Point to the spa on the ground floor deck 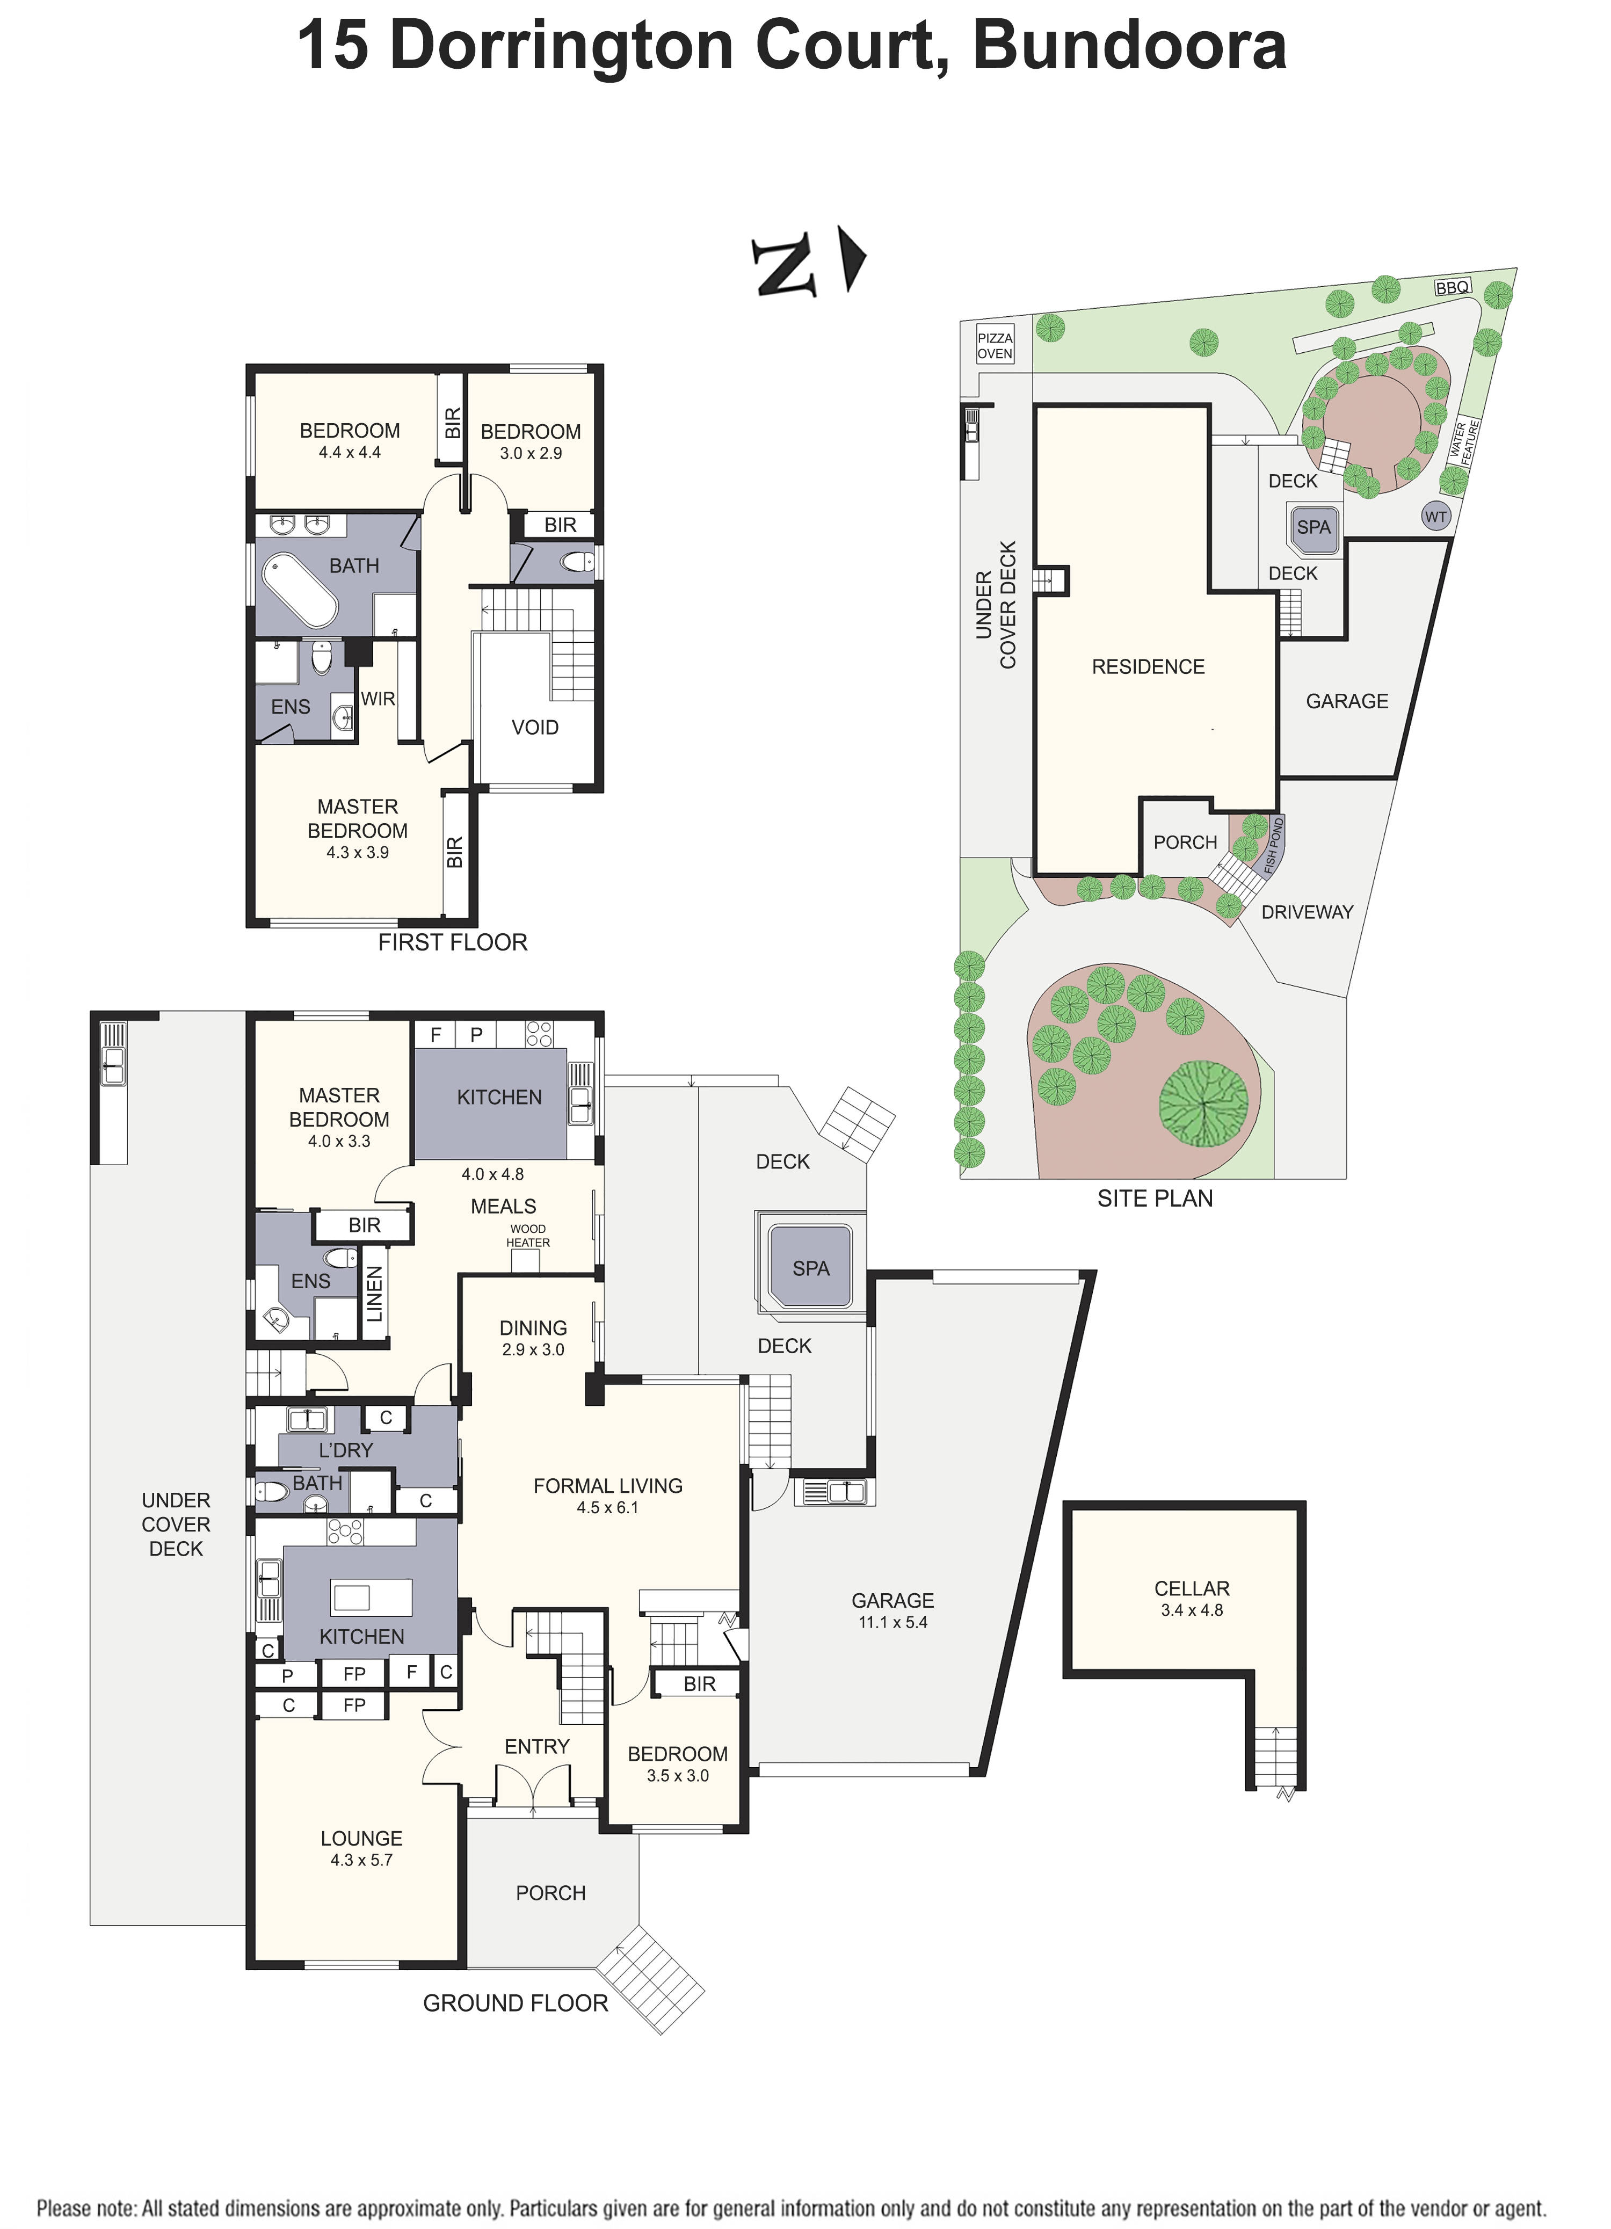coord(811,1267)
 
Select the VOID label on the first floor coord(535,727)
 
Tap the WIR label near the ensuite coord(378,699)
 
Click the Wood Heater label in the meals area coord(528,1236)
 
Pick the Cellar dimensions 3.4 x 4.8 coord(1191,1610)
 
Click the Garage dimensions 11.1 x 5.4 coord(892,1622)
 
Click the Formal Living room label coord(607,1486)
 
